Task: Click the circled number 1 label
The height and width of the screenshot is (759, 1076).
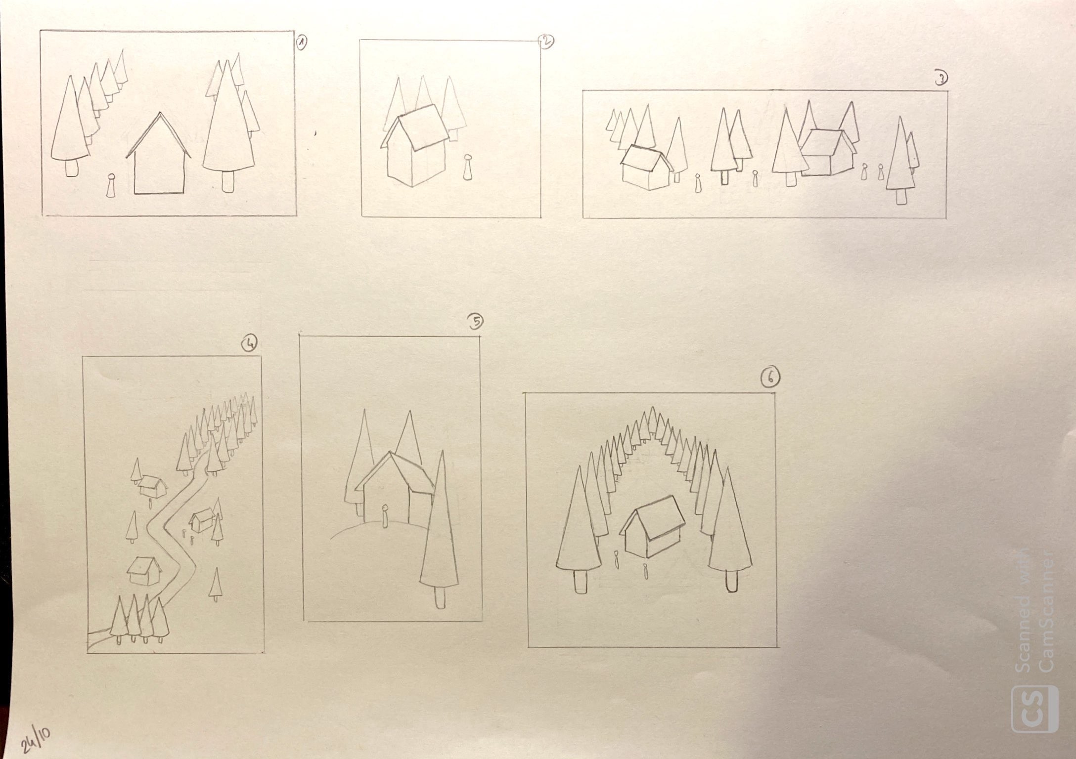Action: [x=301, y=43]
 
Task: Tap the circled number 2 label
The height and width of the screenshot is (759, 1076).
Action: [x=546, y=42]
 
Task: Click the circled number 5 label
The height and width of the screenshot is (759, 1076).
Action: [x=475, y=322]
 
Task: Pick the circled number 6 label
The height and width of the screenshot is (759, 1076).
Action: [x=770, y=378]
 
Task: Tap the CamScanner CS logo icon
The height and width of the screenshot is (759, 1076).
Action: [x=1034, y=709]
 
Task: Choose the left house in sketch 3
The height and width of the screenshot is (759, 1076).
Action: [x=647, y=168]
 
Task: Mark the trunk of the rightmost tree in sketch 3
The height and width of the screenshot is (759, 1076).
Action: [x=902, y=196]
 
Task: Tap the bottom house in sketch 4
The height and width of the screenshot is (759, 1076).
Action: [x=144, y=571]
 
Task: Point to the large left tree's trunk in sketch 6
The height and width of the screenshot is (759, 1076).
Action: [x=582, y=581]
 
